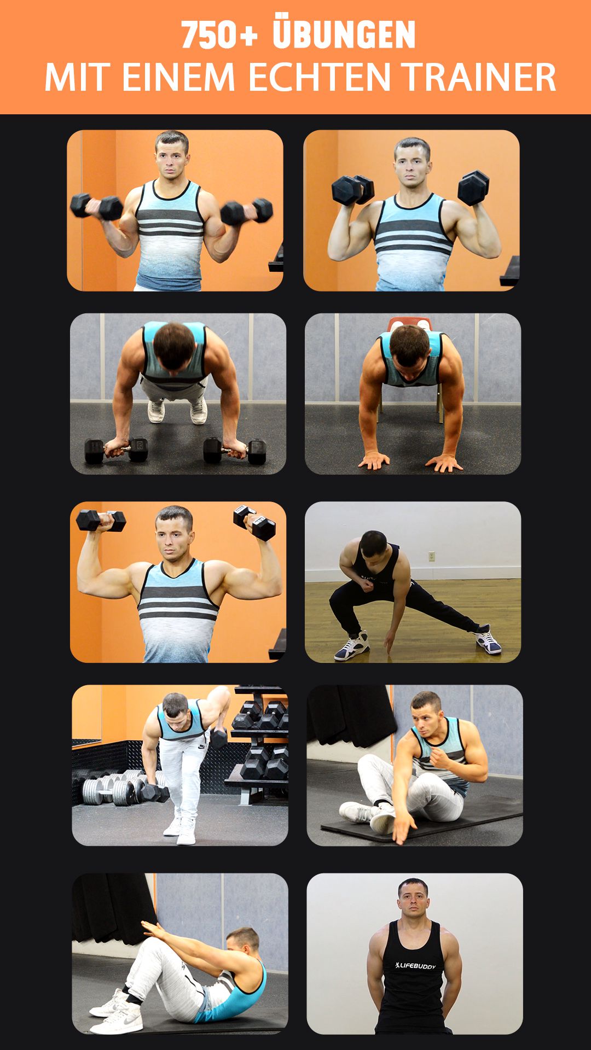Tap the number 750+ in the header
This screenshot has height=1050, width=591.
pyautogui.click(x=219, y=35)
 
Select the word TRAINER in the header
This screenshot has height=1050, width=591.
pyautogui.click(x=480, y=77)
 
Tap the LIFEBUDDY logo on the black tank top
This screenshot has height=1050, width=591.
pyautogui.click(x=415, y=966)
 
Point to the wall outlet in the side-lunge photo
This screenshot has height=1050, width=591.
pyautogui.click(x=431, y=556)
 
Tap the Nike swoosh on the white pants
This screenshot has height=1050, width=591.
pyautogui.click(x=202, y=746)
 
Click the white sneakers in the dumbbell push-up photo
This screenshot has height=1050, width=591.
pyautogui.click(x=177, y=411)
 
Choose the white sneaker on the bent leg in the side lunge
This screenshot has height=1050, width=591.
pyautogui.click(x=351, y=645)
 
